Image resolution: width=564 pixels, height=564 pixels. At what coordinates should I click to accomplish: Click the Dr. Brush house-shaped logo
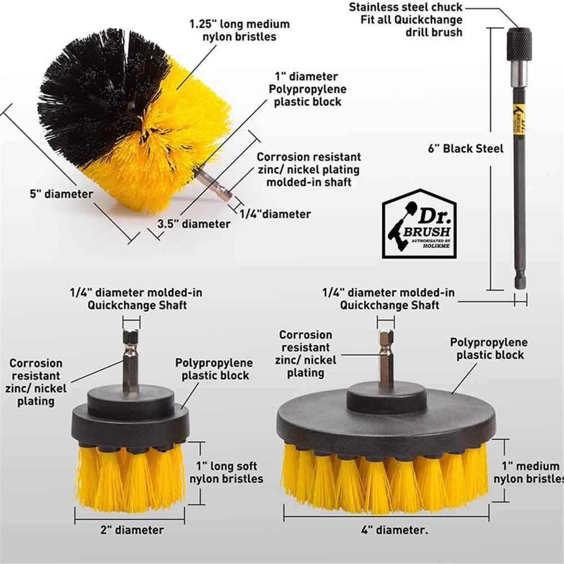[418, 224]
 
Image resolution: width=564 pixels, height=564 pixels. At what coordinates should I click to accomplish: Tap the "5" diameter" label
[61, 194]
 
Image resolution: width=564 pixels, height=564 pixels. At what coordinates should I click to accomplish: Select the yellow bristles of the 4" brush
[384, 479]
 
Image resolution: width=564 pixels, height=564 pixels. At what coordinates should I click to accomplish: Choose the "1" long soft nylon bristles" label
[226, 473]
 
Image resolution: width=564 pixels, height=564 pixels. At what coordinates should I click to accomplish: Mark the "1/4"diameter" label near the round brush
[275, 214]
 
